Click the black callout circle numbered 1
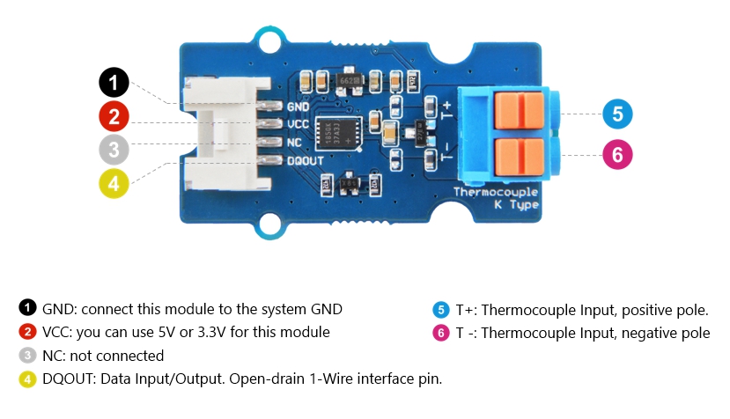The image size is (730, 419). click(114, 84)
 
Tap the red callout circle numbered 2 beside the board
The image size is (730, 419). click(114, 115)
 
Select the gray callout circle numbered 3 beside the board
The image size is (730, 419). click(114, 148)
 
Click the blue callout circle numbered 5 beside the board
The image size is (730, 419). click(617, 114)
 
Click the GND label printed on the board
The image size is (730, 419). click(298, 107)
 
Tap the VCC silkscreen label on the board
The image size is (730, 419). click(298, 125)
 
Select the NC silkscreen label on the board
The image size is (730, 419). click(294, 143)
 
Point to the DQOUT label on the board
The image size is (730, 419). click(306, 160)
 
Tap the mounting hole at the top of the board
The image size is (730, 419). click(267, 38)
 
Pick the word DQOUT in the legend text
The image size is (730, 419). click(69, 379)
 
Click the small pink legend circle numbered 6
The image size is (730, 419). click(440, 333)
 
